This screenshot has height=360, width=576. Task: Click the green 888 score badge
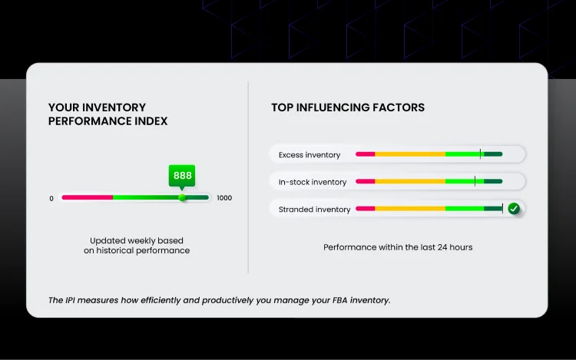pyautogui.click(x=182, y=176)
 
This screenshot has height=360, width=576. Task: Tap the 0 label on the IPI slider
pyautogui.click(x=51, y=198)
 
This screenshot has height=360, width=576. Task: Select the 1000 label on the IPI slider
pyautogui.click(x=224, y=198)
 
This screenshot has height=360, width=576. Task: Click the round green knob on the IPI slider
pyautogui.click(x=182, y=197)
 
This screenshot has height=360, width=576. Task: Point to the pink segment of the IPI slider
pyautogui.click(x=87, y=197)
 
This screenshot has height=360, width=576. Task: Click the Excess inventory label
pyautogui.click(x=309, y=155)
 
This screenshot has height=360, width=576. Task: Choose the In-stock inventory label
pyautogui.click(x=313, y=182)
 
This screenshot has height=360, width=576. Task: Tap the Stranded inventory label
pyautogui.click(x=314, y=210)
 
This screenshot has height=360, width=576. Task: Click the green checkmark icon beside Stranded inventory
pyautogui.click(x=514, y=208)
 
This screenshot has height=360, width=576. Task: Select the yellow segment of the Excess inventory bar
pyautogui.click(x=410, y=154)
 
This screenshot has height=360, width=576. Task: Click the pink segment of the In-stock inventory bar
pyautogui.click(x=365, y=181)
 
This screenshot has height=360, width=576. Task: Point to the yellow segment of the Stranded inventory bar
pyautogui.click(x=410, y=208)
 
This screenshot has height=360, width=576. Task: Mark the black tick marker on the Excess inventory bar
pyautogui.click(x=481, y=154)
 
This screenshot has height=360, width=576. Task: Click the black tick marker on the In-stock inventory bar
pyautogui.click(x=475, y=181)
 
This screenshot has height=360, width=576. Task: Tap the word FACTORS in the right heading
pyautogui.click(x=396, y=108)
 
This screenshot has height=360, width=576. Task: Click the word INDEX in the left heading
pyautogui.click(x=148, y=121)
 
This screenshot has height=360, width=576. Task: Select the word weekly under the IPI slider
pyautogui.click(x=146, y=240)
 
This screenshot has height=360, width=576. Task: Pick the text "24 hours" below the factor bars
pyautogui.click(x=454, y=247)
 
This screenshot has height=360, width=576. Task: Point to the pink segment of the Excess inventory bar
pyautogui.click(x=365, y=154)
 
